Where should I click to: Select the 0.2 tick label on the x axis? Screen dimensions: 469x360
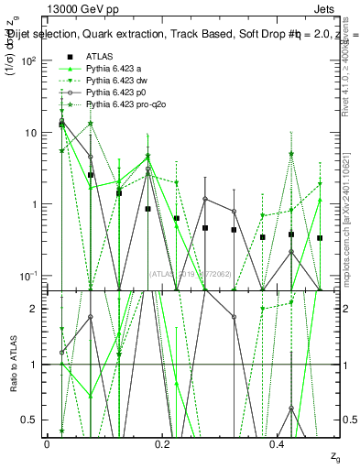[163, 444]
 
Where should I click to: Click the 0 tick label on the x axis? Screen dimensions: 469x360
[47, 444]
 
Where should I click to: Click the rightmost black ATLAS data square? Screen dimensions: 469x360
[320, 238]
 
